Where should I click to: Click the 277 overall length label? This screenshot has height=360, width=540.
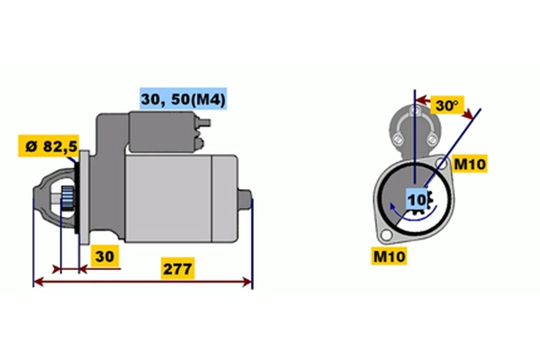(177, 268)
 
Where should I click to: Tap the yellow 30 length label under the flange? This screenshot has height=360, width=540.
(104, 256)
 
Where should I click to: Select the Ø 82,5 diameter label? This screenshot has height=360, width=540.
(49, 146)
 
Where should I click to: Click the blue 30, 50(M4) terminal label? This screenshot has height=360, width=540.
(184, 99)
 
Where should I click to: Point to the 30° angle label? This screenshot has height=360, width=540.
(447, 105)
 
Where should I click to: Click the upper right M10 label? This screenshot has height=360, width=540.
(470, 164)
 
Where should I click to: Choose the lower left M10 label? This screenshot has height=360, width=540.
(389, 256)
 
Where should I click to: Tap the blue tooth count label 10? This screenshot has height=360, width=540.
(417, 199)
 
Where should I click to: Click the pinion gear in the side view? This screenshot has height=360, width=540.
(67, 199)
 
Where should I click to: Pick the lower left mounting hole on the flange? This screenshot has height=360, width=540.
(386, 235)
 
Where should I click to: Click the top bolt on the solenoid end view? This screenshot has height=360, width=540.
(415, 112)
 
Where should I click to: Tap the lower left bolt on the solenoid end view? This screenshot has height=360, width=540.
(397, 139)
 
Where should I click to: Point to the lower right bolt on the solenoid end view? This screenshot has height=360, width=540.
(432, 139)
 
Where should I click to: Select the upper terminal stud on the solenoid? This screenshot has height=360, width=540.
(203, 123)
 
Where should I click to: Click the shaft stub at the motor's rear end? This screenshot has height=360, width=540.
(245, 199)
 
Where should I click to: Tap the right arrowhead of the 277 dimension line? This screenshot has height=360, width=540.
(247, 282)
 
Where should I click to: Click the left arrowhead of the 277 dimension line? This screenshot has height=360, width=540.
(39, 282)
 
